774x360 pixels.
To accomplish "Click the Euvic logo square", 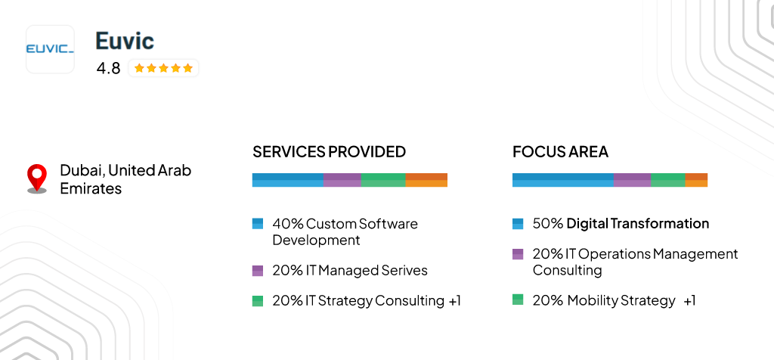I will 50,49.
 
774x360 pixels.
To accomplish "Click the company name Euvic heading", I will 125,41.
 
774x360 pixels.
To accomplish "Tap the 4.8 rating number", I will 108,68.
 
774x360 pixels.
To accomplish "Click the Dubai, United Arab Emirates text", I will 125,179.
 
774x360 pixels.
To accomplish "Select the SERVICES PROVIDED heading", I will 329,151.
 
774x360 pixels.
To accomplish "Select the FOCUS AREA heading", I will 560,151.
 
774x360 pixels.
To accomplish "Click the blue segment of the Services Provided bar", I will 287,180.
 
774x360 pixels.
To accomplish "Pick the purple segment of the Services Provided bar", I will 342,180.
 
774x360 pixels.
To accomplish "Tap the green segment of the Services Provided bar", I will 383,180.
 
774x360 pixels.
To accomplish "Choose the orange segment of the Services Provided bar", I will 426,180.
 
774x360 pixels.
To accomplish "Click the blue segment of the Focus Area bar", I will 562,180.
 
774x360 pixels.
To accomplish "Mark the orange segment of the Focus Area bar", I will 696,180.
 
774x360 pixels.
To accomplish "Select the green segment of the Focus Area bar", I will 668,180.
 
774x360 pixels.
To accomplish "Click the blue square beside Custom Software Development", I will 258,224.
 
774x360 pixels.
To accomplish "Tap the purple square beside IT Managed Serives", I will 258,270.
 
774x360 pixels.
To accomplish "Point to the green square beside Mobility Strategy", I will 518,299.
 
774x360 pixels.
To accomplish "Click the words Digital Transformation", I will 638,224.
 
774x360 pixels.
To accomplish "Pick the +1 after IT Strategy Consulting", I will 454,300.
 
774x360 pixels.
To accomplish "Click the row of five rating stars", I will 163,68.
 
